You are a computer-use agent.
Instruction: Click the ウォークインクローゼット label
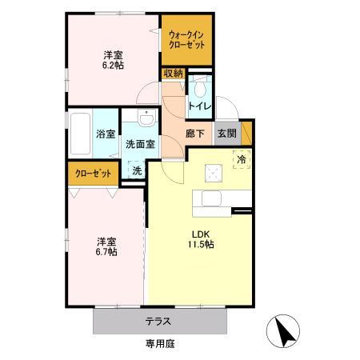[187, 40]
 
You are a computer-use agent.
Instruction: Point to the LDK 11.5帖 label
[200, 239]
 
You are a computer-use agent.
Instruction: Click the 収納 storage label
[173, 74]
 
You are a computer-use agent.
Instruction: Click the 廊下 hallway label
[196, 134]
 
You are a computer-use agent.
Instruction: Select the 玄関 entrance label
[226, 134]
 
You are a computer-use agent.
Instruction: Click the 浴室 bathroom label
[105, 134]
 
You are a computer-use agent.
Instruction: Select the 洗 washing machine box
[137, 170]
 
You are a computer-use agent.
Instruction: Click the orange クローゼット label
[93, 173]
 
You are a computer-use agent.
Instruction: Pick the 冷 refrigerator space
[240, 159]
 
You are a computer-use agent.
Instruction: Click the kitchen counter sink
[213, 199]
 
